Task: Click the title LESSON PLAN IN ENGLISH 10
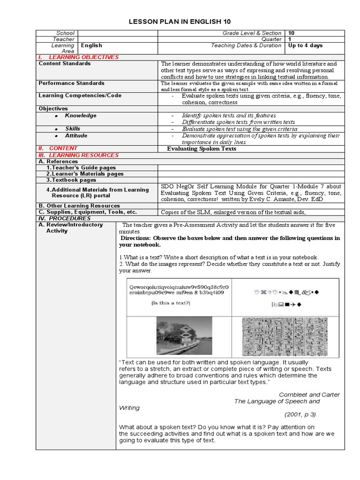[x=180, y=22]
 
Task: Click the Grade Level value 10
[x=292, y=33]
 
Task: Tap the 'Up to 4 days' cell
[x=305, y=45]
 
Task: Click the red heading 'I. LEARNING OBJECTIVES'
[x=78, y=57]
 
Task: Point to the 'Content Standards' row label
[x=65, y=63]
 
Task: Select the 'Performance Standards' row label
[x=71, y=83]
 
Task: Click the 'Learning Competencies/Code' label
[x=80, y=95]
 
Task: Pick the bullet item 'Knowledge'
[x=81, y=115]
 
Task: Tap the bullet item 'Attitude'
[x=76, y=135]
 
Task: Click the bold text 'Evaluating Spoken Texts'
[x=202, y=149]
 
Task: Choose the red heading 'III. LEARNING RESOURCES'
[x=78, y=155]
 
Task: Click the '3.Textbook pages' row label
[x=71, y=180]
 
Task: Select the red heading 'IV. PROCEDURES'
[x=64, y=218]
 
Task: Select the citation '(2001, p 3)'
[x=300, y=414]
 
